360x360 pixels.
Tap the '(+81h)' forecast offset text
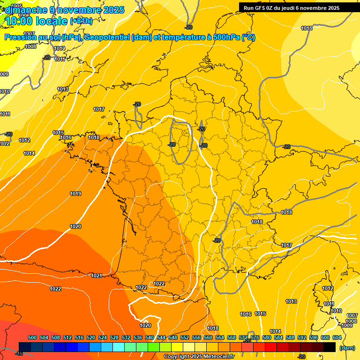(81, 21)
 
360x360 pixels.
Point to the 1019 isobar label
(75, 194)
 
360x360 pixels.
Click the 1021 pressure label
(97, 276)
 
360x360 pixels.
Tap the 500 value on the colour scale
(32, 337)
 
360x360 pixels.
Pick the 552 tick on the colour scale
(185, 337)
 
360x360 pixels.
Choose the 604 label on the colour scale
(337, 337)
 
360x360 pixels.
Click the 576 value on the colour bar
(255, 337)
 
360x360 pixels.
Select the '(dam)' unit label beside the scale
(347, 347)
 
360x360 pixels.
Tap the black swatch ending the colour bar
(330, 347)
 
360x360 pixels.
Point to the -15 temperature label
(19, 353)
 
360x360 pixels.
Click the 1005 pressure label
(16, 6)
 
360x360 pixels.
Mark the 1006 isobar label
(24, 15)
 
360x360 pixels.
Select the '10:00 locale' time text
(36, 21)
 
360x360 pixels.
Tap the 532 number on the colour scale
(126, 337)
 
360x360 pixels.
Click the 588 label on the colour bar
(290, 337)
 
